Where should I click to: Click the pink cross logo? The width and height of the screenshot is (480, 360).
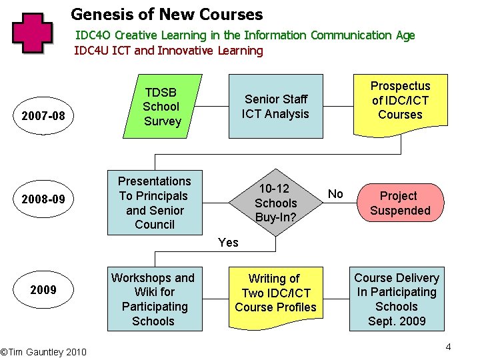coord(32,33)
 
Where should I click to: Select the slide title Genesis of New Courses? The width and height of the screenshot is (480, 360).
coord(167,13)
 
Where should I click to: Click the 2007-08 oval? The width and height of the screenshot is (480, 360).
coord(43,116)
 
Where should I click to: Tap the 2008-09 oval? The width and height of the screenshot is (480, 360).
coord(43,199)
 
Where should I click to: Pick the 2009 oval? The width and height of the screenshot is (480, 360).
coord(43,289)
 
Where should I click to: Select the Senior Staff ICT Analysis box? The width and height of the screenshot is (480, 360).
coord(275,106)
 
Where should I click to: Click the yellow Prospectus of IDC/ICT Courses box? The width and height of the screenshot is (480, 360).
coord(400,101)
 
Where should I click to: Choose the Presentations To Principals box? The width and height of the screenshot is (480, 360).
coord(155,203)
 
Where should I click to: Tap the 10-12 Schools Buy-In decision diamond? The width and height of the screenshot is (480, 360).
coord(275,203)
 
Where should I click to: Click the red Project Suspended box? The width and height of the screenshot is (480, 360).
coord(400,203)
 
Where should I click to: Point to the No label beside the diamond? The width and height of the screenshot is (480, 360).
coord(336,194)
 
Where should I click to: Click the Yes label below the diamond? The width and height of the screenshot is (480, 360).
coord(228,243)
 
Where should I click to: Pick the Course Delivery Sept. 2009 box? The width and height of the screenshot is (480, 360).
coord(397,299)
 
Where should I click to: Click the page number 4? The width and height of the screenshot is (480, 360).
coord(449,347)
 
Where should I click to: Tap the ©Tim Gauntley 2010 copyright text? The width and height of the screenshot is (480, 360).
coord(43,351)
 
